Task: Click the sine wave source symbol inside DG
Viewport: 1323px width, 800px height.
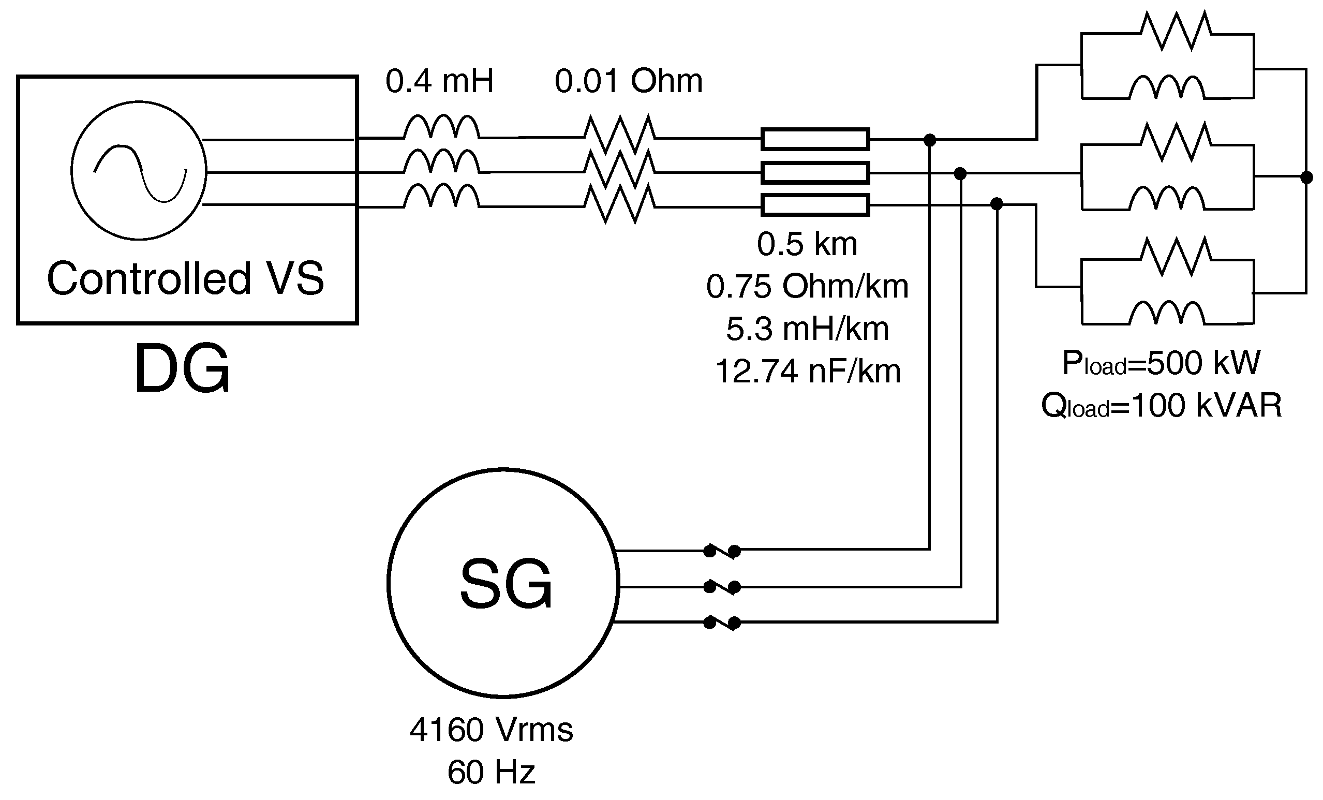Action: tap(139, 170)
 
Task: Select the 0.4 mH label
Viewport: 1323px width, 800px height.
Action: tap(439, 81)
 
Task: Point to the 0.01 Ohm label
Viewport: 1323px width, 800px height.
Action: tap(628, 81)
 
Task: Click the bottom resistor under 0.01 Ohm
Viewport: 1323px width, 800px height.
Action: tap(620, 203)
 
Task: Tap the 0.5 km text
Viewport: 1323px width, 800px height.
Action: tap(807, 244)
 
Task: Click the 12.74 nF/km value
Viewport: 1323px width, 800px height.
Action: tap(808, 371)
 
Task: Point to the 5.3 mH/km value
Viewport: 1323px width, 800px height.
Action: tap(808, 329)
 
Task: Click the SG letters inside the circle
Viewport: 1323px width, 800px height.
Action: tap(506, 584)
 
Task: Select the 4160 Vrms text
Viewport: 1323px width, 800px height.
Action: tap(492, 730)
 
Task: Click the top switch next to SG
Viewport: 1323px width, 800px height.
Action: tap(722, 551)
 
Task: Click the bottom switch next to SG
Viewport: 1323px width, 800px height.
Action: tap(722, 623)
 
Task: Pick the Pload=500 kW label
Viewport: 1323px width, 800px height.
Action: tap(1161, 363)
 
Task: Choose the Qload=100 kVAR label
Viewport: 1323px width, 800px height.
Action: tap(1161, 406)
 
